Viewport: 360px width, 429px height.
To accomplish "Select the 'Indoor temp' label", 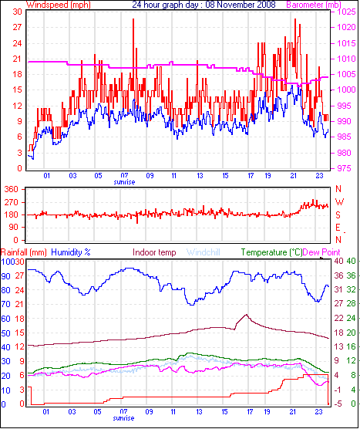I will (x=154, y=252).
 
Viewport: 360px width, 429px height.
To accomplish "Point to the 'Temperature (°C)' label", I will (x=271, y=252).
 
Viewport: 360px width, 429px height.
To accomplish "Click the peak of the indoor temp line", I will (x=246, y=315).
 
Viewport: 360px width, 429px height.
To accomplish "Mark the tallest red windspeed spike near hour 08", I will (x=133, y=19).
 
